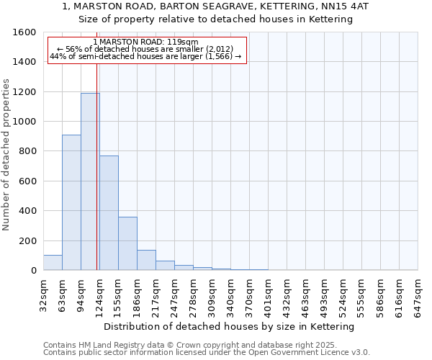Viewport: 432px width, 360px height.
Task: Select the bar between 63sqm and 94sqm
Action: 71,202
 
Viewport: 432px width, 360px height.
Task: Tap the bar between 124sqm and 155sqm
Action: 109,212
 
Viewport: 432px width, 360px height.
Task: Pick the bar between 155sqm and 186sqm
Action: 127,243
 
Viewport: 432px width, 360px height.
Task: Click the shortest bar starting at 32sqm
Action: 53,263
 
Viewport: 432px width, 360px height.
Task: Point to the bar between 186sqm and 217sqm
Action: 146,260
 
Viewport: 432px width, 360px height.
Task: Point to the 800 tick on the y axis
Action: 27,151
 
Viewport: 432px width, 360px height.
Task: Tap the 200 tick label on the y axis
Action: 27,240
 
